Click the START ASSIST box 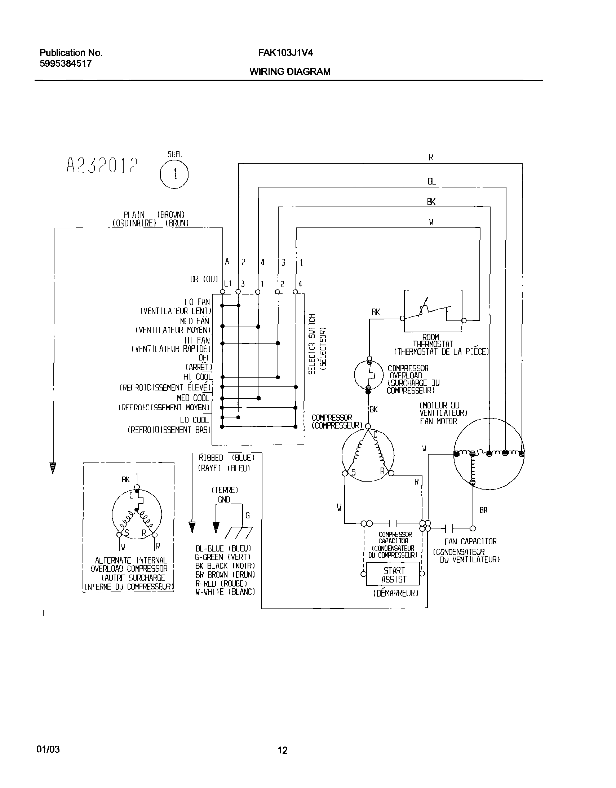(394, 575)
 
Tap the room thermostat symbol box (433, 311)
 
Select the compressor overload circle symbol (368, 375)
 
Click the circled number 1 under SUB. (174, 174)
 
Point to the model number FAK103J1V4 (285, 53)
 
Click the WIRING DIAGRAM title (290, 71)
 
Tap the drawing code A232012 (102, 165)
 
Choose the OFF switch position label (204, 358)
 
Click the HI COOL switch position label (197, 377)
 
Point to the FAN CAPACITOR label (470, 541)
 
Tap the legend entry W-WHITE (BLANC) (225, 592)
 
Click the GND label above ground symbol (224, 500)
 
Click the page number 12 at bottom (283, 751)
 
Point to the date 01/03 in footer (48, 749)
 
